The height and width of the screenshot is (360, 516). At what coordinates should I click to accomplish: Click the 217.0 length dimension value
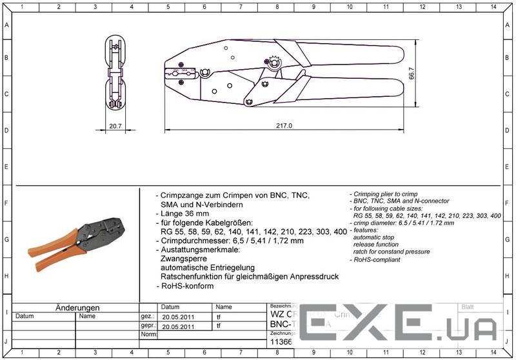(284, 126)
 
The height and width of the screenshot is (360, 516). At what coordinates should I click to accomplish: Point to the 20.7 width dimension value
(115, 126)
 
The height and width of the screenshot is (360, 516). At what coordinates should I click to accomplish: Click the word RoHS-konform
(187, 286)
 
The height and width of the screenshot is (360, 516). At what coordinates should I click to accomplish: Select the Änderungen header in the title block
(77, 308)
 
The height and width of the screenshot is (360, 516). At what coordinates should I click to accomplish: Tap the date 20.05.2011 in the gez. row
(179, 317)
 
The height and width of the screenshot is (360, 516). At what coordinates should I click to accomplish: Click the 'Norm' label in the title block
(148, 335)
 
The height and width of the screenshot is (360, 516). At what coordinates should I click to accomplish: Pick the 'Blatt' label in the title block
(468, 308)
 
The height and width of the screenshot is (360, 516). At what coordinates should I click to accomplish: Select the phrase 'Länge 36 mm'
(185, 214)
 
